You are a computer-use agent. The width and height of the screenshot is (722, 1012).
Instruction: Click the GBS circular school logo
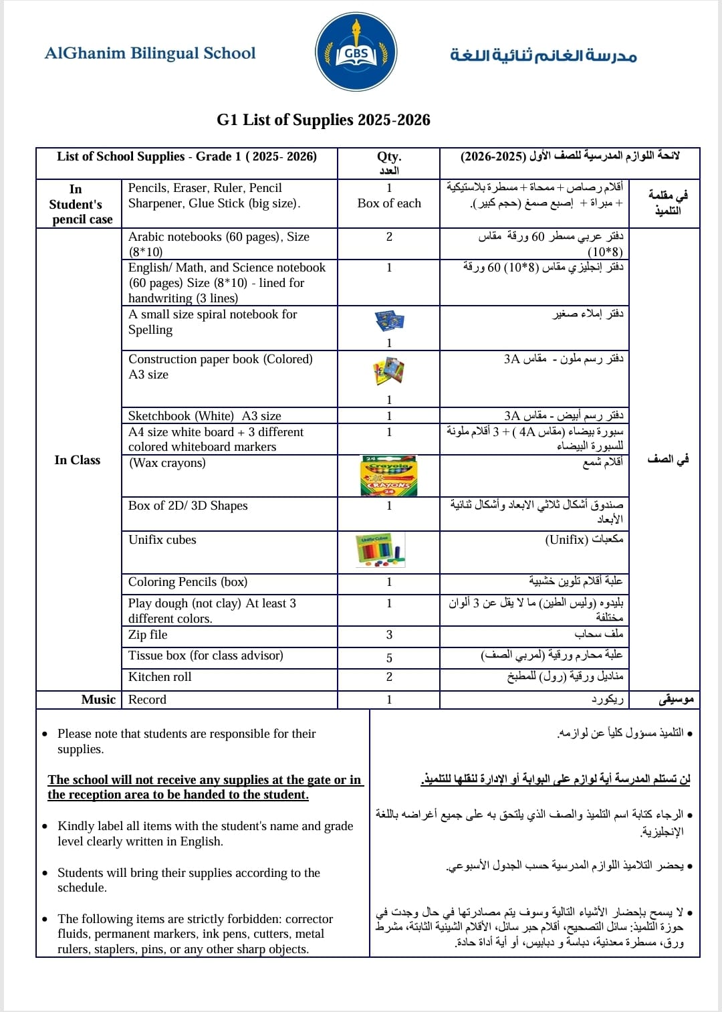point(356,52)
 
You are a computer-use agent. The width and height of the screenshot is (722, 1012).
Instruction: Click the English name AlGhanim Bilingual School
point(150,54)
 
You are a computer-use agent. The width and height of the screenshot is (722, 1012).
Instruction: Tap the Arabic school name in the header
point(543,55)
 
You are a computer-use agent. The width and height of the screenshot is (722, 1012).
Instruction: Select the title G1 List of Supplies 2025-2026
point(324,120)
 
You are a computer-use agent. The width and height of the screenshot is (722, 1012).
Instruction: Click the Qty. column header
point(389,157)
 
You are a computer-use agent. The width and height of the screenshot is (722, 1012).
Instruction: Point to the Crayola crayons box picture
point(388,476)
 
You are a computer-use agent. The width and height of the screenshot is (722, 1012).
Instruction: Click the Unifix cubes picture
point(381,550)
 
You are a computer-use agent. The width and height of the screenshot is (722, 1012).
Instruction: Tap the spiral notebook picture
point(389,321)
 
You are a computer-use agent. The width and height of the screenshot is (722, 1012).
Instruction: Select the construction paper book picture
point(389,371)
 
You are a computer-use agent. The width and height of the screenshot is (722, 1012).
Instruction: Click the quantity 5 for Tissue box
point(389,658)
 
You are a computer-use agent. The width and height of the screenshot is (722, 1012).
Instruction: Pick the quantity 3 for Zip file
point(389,635)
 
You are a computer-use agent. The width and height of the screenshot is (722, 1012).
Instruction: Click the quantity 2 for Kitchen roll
point(389,677)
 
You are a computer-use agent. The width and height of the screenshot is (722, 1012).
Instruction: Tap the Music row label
point(98,700)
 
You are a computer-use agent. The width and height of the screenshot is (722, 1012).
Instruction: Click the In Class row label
point(78,460)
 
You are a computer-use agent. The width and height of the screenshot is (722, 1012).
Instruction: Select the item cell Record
point(147,700)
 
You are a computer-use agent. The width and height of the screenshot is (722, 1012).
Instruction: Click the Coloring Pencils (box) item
point(188,582)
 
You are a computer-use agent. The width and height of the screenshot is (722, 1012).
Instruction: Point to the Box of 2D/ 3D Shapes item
point(188,506)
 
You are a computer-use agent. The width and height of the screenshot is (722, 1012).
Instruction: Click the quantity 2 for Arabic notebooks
point(389,237)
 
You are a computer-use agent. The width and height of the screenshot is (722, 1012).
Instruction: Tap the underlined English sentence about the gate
point(205,787)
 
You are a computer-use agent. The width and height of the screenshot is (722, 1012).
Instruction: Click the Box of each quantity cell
point(389,203)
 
